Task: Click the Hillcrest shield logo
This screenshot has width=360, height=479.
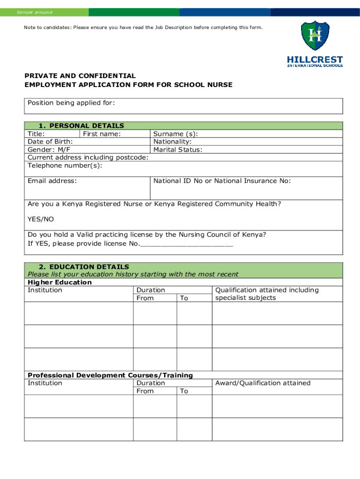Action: [315, 36]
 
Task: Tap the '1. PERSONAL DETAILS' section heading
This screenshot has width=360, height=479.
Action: [81, 125]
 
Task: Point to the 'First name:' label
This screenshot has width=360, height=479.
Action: [102, 134]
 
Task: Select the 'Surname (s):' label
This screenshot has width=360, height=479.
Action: [176, 134]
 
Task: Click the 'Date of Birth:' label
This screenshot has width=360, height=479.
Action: [50, 142]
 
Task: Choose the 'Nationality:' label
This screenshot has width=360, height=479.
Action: [173, 142]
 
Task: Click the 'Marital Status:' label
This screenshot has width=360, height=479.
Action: [178, 150]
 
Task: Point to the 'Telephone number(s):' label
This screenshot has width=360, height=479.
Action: [65, 166]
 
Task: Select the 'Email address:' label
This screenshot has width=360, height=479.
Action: [52, 181]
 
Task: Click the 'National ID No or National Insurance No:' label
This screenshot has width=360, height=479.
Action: [222, 181]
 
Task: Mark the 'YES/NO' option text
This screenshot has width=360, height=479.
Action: [41, 219]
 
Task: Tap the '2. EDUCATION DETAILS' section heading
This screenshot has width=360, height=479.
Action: [84, 267]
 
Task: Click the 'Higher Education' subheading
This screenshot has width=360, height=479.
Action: [60, 283]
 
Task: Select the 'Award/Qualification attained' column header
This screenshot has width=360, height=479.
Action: [263, 383]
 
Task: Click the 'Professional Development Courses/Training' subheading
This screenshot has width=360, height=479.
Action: [110, 375]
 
